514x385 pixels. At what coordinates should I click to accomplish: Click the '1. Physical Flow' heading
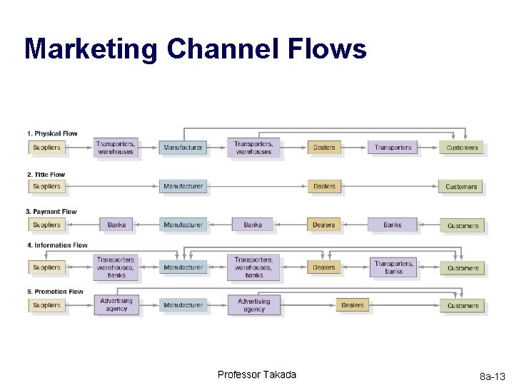click(x=52, y=133)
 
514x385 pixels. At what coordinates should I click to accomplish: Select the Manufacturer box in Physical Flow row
click(x=183, y=148)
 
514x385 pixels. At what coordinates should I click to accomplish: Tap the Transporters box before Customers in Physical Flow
click(x=393, y=148)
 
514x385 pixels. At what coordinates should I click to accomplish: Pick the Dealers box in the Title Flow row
click(x=324, y=187)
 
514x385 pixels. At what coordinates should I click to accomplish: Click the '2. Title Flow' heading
click(x=46, y=174)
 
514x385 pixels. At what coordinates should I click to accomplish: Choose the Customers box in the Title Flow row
click(x=461, y=187)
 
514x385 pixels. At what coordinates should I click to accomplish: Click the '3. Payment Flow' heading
click(x=51, y=212)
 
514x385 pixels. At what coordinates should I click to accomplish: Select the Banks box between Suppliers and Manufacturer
click(x=116, y=225)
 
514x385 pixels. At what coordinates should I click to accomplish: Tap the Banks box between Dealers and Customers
click(x=393, y=225)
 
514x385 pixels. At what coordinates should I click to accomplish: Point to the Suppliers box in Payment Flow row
click(x=47, y=225)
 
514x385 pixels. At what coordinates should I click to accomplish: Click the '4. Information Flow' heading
click(x=56, y=245)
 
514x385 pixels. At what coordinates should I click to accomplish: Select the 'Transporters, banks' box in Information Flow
click(x=393, y=267)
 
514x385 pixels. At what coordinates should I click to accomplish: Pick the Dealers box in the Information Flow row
click(x=324, y=267)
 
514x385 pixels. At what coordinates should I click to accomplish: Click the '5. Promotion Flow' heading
click(x=55, y=292)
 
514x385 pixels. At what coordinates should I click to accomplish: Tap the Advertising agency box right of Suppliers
click(x=116, y=305)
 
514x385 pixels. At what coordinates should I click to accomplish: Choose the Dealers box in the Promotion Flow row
click(x=353, y=305)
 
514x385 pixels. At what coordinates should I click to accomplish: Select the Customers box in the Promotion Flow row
click(x=463, y=305)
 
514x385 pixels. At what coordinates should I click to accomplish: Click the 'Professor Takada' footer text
click(x=257, y=375)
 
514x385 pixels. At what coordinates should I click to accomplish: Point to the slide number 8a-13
click(x=492, y=376)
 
